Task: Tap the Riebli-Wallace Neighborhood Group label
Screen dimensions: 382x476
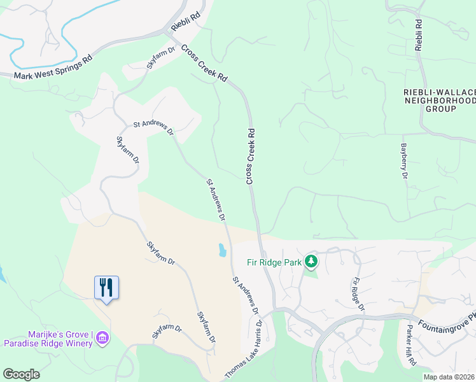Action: point(440,101)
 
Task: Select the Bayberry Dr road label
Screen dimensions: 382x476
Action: point(403,160)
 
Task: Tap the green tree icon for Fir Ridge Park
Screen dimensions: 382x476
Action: point(311,261)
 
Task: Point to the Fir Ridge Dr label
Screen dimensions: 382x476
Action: point(358,294)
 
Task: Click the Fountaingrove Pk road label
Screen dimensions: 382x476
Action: point(445,323)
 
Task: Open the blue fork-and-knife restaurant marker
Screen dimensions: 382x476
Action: point(106,288)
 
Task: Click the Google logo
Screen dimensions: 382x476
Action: point(21,374)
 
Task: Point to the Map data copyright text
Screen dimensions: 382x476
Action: point(449,377)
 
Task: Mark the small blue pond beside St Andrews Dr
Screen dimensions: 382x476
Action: point(222,250)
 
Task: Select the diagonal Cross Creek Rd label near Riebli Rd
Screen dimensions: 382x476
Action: point(204,62)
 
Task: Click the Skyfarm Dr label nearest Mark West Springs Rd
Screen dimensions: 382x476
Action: point(161,58)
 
